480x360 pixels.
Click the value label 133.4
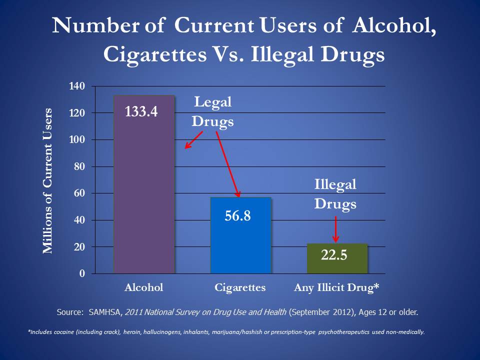[x=141, y=111]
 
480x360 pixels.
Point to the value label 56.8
[x=237, y=216]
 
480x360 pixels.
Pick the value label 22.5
[x=334, y=255]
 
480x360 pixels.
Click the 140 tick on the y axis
[x=77, y=86]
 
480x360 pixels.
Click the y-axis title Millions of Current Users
[x=47, y=180]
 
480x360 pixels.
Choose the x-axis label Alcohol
[x=143, y=287]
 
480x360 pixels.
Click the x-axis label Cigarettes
[x=240, y=287]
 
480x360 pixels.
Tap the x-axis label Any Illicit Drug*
[x=336, y=287]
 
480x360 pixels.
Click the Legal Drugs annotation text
[x=213, y=112]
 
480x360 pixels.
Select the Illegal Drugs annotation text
[x=335, y=194]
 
